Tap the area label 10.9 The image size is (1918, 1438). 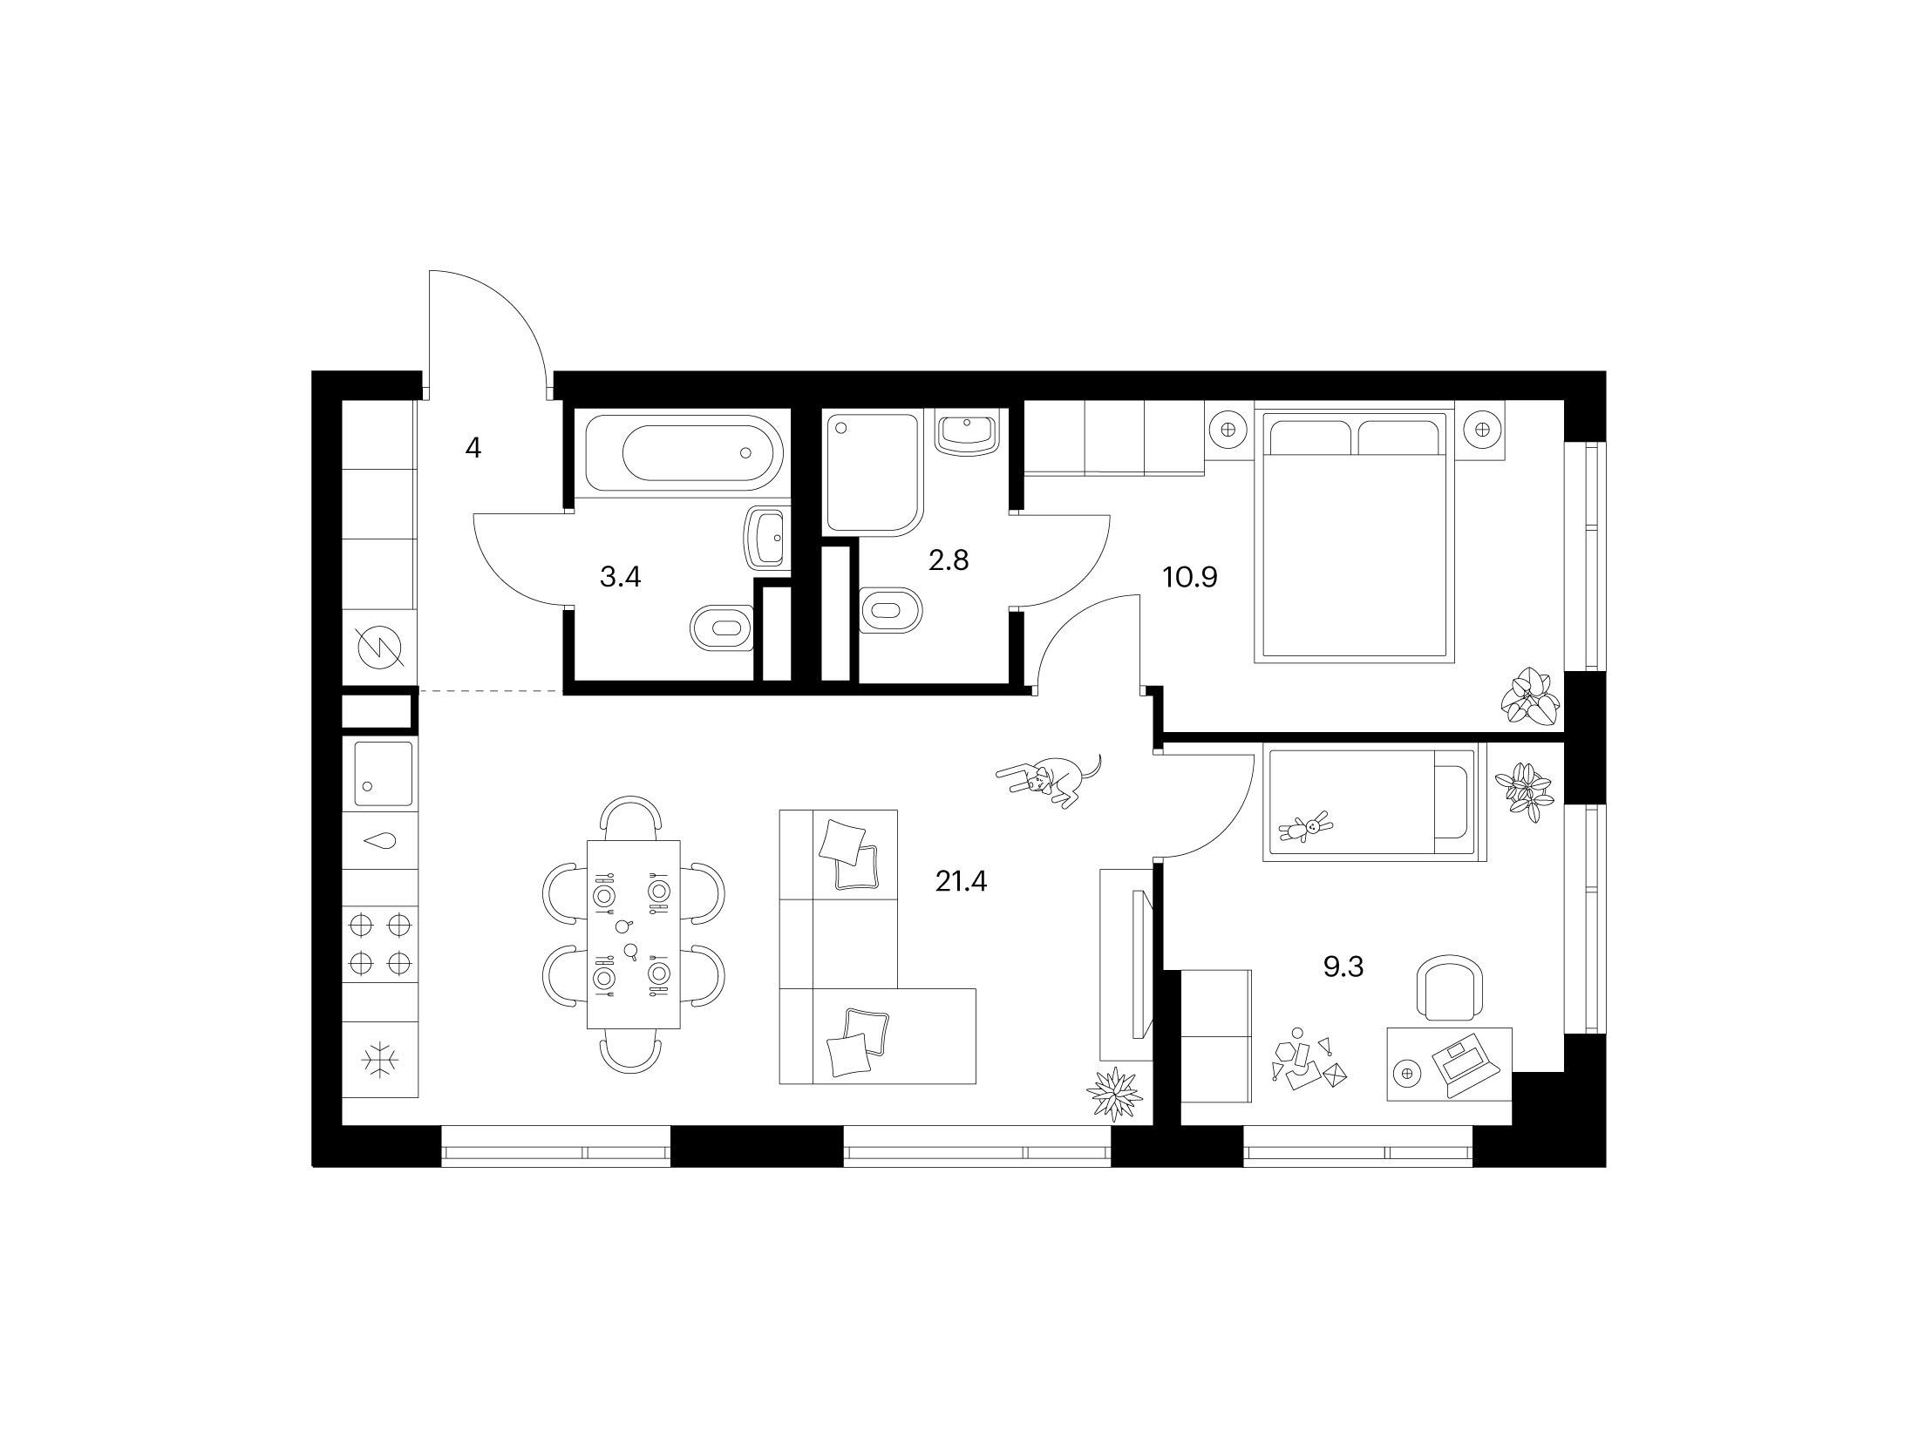point(1189,576)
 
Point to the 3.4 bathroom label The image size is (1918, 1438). point(621,576)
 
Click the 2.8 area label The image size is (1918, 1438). point(949,560)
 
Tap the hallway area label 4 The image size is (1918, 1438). point(473,449)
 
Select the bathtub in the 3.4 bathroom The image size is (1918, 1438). point(684,452)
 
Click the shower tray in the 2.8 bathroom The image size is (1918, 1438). point(873,473)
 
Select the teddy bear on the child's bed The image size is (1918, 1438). point(1305,828)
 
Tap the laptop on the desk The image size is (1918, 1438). point(1465,1065)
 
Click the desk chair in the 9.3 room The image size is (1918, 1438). point(1452,987)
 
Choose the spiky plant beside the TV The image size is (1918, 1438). point(1114,1093)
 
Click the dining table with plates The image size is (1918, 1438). point(634,934)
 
